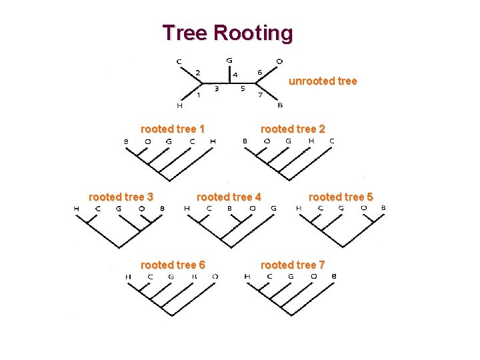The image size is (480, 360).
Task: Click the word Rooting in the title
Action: pos(253,33)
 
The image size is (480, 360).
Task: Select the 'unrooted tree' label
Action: pos(323,81)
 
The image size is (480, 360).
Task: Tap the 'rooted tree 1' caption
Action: pos(173,129)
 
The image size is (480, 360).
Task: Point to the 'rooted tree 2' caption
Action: pos(293,129)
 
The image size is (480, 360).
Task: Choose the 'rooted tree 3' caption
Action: pos(121,197)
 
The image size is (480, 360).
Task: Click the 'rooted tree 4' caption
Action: pos(229,197)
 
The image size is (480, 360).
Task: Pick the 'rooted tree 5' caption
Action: pos(341,197)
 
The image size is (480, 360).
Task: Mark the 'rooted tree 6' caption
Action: pos(173,265)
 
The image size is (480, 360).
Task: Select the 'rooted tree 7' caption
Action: pos(293,265)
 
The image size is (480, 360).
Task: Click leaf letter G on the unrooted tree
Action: pos(229,60)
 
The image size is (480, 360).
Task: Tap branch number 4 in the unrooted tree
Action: pos(235,75)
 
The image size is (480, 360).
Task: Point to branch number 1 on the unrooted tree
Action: pos(198,95)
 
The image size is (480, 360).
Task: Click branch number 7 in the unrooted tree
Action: pos(260,95)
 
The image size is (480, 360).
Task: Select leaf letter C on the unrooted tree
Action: pos(179,61)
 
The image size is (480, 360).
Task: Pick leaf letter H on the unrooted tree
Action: pos(179,105)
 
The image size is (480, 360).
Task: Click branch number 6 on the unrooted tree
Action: pos(259,72)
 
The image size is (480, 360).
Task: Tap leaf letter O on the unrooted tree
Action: pos(279,61)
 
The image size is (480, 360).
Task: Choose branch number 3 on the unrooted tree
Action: pos(217,88)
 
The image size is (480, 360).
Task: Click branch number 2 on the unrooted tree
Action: pos(197,72)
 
